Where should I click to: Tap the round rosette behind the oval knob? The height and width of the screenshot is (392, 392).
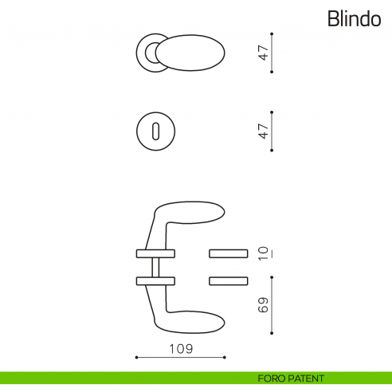[147, 52]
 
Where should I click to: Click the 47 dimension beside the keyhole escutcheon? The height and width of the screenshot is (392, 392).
[263, 130]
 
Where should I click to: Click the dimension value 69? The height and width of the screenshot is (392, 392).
[264, 305]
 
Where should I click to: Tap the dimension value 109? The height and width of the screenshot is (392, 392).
[180, 348]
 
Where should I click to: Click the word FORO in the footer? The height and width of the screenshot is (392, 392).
[272, 378]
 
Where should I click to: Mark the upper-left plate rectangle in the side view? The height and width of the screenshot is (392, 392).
[155, 253]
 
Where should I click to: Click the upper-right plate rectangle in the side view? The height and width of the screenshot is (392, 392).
[229, 253]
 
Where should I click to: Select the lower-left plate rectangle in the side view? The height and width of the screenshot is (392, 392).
[155, 280]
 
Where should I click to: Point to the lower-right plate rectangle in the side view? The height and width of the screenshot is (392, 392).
[229, 280]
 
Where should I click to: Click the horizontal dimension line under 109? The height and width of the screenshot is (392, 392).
[180, 357]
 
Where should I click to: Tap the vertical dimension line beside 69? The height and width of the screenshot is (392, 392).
[272, 305]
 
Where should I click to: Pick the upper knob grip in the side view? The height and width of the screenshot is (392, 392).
[195, 212]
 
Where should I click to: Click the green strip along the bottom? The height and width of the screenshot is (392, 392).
[120, 378]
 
